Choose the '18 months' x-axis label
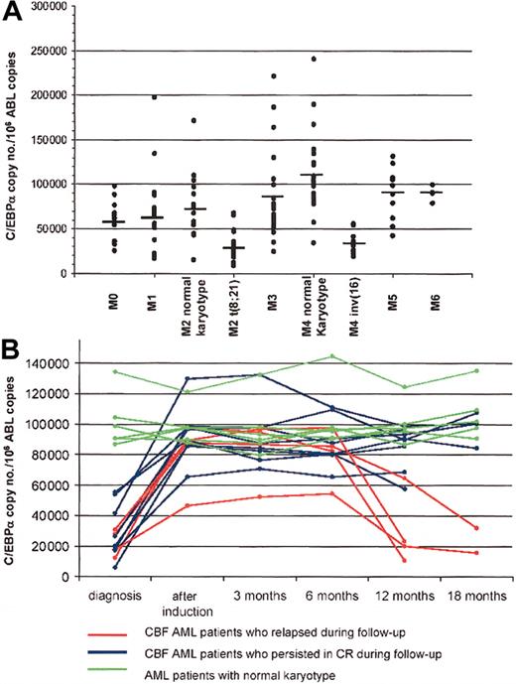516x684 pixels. coord(474,593)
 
